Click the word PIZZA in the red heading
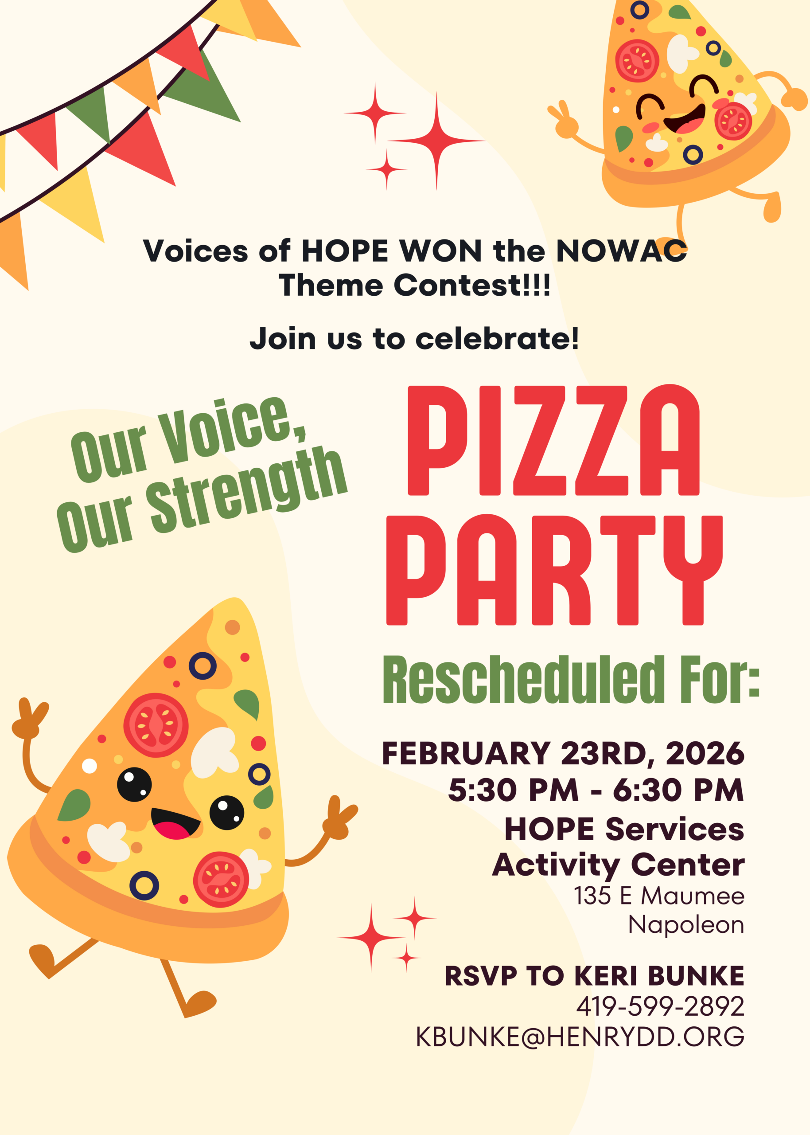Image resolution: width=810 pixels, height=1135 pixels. tap(553, 441)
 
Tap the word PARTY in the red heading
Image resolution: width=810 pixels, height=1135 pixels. tap(554, 570)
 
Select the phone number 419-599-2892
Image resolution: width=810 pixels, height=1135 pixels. tap(660, 1006)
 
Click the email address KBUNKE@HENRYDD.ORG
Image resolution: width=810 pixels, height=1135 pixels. tap(580, 1037)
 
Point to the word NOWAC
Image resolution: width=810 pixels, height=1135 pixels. tap(621, 250)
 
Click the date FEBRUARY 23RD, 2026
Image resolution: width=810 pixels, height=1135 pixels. tap(563, 753)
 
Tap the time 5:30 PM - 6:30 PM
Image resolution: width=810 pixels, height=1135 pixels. tap(596, 790)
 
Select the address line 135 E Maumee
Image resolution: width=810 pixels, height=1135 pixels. tap(659, 896)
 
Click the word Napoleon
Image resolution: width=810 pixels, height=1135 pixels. tap(686, 924)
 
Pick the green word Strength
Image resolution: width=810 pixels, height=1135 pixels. tap(248, 489)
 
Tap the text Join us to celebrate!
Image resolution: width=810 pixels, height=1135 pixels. tap(414, 339)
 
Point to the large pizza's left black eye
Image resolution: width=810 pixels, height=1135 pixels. tap(134, 784)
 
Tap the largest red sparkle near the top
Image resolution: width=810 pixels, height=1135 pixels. tap(436, 141)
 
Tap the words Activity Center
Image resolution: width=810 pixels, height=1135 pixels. tap(618, 865)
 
